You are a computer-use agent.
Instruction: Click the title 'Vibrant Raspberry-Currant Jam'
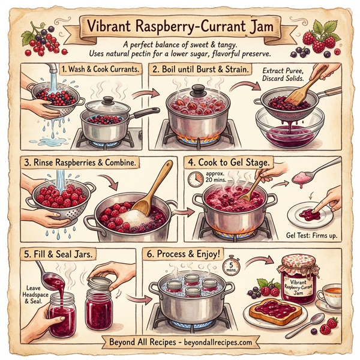tap(180, 28)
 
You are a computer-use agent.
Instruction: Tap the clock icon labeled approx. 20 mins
tap(196, 179)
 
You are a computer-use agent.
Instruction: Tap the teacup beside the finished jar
tap(329, 295)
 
